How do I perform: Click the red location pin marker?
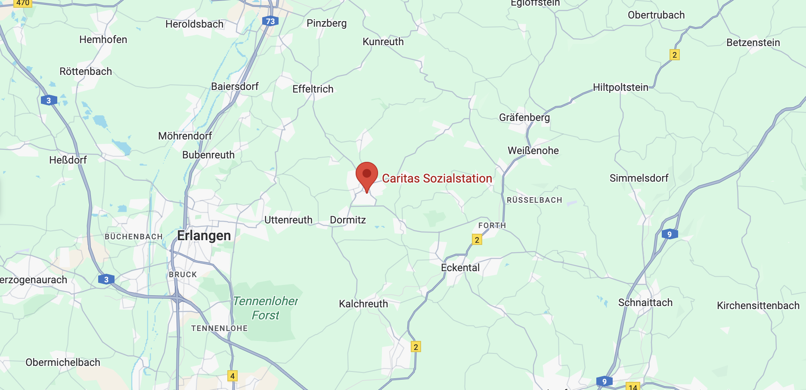pos(367,175)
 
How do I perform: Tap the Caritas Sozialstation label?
pos(437,178)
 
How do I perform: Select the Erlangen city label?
pos(204,235)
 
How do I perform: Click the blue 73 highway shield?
pos(270,21)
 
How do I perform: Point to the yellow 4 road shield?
pos(232,376)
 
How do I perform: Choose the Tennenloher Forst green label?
pos(266,308)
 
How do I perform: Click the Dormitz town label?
pos(348,220)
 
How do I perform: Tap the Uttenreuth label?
pos(288,220)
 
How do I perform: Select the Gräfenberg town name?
pos(524,118)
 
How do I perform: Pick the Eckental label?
pos(460,268)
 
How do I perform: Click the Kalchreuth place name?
pos(363,304)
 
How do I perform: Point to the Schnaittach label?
pos(645,303)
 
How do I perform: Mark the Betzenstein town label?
pos(753,43)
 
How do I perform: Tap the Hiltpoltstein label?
pos(620,87)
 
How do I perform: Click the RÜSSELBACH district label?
pos(534,200)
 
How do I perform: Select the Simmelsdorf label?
pos(639,178)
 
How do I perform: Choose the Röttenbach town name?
pos(86,71)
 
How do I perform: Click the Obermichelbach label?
pos(63,362)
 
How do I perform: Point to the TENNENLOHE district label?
pos(219,328)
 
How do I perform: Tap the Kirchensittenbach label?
pos(758,306)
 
